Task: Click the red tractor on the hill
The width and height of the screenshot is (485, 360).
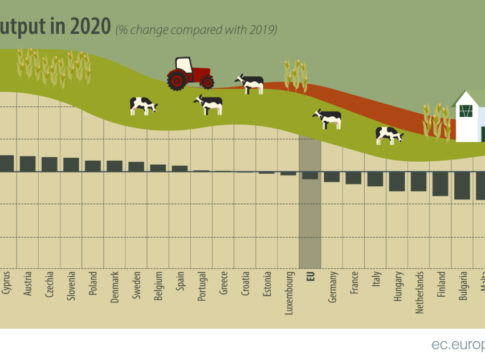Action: click(x=190, y=73)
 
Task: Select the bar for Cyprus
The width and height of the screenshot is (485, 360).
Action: click(x=6, y=163)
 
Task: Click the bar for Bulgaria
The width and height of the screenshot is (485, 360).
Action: click(x=461, y=185)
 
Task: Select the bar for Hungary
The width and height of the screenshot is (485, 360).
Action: click(x=397, y=181)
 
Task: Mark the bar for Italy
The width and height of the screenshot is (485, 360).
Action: click(x=375, y=179)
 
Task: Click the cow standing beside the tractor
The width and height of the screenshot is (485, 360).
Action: click(x=249, y=83)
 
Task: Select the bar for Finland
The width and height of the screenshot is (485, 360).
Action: click(x=440, y=183)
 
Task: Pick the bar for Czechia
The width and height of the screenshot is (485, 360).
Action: click(x=49, y=164)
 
